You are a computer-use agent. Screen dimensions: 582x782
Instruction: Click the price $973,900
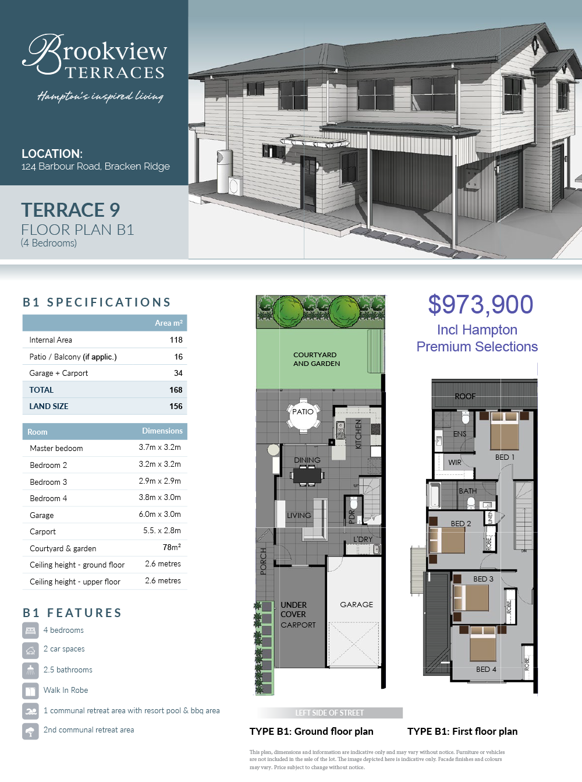tap(480, 305)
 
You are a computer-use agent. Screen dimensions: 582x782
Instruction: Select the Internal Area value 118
tap(176, 340)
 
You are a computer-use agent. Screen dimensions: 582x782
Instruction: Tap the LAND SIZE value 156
tap(176, 406)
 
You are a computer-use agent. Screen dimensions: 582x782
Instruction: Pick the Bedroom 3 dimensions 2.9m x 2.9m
tap(159, 481)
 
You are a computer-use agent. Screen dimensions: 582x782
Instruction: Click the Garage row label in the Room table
tap(41, 515)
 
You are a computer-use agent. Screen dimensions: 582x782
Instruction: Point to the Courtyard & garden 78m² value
tap(172, 547)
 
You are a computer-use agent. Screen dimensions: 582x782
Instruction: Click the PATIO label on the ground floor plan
tap(303, 412)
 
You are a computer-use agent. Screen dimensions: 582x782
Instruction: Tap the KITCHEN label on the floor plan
tap(359, 434)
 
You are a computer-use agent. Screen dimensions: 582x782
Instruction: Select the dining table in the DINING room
tap(307, 475)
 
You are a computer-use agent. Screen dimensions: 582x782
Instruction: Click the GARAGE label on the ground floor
tap(356, 605)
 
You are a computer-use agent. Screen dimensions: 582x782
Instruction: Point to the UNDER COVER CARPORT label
tap(298, 615)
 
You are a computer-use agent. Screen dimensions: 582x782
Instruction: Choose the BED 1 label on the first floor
tap(505, 457)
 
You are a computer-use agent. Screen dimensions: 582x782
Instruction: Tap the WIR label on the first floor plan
tap(455, 463)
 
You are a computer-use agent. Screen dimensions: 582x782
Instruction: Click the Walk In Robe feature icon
tap(30, 691)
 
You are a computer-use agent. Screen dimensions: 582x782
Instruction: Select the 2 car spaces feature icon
tap(30, 650)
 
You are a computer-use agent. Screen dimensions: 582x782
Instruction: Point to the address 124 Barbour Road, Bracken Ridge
tap(95, 167)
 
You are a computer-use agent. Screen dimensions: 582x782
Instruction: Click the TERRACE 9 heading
tap(70, 210)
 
